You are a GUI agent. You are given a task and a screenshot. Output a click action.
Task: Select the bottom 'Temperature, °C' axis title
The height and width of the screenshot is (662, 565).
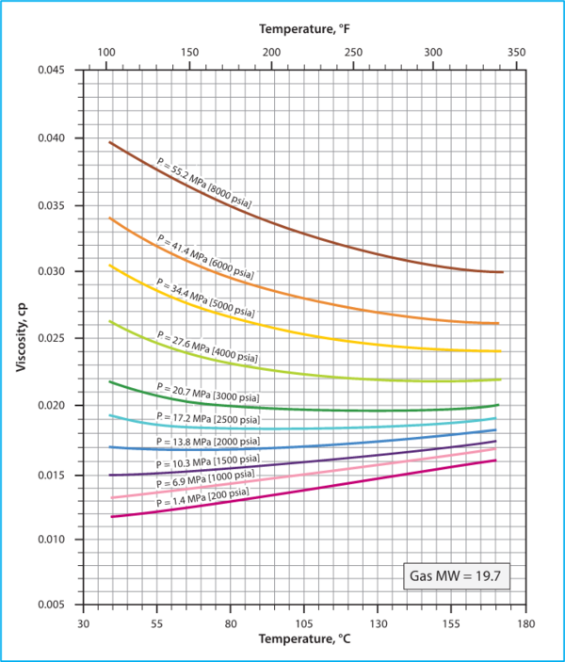303,640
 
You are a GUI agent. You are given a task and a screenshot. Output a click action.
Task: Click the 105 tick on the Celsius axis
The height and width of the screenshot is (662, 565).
304,624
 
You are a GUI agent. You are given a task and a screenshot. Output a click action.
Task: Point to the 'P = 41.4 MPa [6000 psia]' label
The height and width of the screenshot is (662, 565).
206,254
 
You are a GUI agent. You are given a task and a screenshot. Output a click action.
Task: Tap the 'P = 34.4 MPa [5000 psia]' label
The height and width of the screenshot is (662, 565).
204,297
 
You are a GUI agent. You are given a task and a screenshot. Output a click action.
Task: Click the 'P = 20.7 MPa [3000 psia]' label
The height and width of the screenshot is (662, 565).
209,394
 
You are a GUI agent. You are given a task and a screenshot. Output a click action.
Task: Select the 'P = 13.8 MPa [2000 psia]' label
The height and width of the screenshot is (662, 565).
209,441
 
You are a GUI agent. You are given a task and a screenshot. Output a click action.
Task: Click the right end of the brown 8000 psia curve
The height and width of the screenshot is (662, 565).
503,272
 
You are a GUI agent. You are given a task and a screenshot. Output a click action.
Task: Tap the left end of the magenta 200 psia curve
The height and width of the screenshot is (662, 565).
111,517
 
